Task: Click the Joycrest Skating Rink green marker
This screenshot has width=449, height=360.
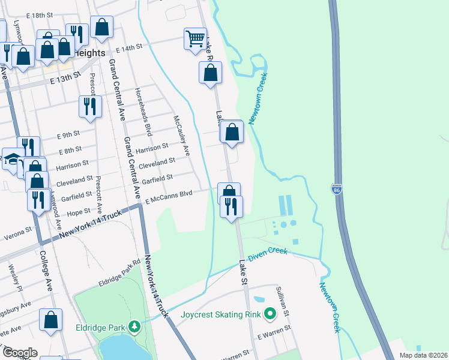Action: click(270, 313)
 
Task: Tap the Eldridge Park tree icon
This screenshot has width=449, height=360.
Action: click(136, 327)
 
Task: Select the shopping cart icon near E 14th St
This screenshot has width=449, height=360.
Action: click(195, 39)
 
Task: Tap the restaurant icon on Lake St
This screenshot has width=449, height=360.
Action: click(231, 207)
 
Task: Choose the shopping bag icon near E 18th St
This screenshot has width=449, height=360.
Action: click(101, 26)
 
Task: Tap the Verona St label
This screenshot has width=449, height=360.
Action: click(19, 231)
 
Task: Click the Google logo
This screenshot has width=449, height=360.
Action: click(20, 352)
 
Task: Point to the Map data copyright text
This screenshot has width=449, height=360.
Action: click(424, 355)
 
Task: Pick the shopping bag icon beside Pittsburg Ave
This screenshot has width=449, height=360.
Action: click(50, 319)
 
